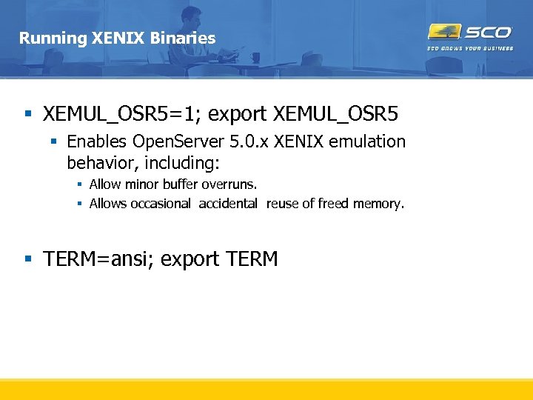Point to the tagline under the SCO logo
pos(469,48)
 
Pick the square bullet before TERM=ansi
pos(28,259)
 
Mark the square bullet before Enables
pos(53,141)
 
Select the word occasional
pos(161,204)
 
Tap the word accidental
pos(228,204)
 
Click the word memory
pos(382,204)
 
